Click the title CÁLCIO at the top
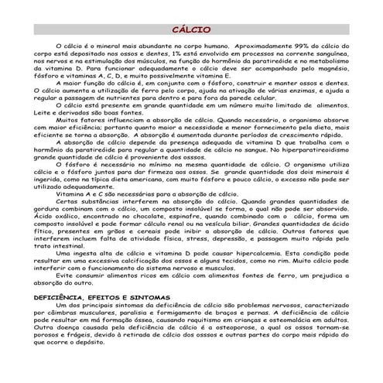(x=191, y=30)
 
